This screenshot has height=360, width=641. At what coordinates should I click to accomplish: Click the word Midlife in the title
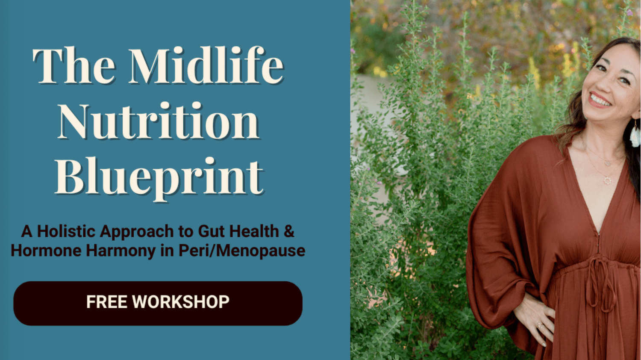pyautogui.click(x=206, y=65)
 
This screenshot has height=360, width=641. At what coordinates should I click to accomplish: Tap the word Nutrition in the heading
pyautogui.click(x=159, y=121)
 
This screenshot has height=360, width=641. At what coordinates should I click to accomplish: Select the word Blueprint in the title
pyautogui.click(x=159, y=178)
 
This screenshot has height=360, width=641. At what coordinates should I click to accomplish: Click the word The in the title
pyautogui.click(x=74, y=66)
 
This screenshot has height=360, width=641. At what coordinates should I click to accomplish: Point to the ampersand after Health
pyautogui.click(x=289, y=231)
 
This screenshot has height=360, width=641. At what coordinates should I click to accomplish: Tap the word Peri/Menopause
pyautogui.click(x=242, y=251)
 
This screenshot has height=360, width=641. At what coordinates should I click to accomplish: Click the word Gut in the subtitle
pyautogui.click(x=210, y=231)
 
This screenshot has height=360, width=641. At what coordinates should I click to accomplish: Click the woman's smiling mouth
pyautogui.click(x=599, y=100)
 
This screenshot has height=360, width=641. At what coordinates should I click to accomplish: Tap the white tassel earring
pyautogui.click(x=635, y=136)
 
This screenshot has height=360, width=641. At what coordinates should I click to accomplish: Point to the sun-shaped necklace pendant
pyautogui.click(x=607, y=181)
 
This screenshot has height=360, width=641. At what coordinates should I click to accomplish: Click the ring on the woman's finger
pyautogui.click(x=540, y=325)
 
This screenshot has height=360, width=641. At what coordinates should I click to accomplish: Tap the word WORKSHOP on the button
pyautogui.click(x=181, y=302)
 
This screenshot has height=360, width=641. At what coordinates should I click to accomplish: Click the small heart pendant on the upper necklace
pyautogui.click(x=607, y=163)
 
